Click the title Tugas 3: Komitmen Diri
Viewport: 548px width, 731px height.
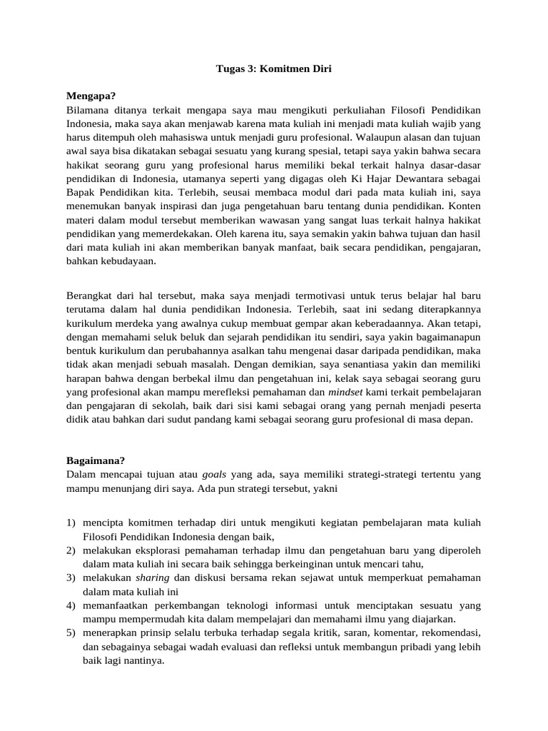pyautogui.click(x=274, y=69)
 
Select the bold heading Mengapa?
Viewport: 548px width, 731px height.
pyautogui.click(x=91, y=96)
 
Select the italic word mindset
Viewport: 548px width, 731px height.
pyautogui.click(x=345, y=392)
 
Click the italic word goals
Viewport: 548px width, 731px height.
pyautogui.click(x=216, y=473)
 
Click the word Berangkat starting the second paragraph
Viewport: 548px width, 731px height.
pyautogui.click(x=90, y=296)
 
